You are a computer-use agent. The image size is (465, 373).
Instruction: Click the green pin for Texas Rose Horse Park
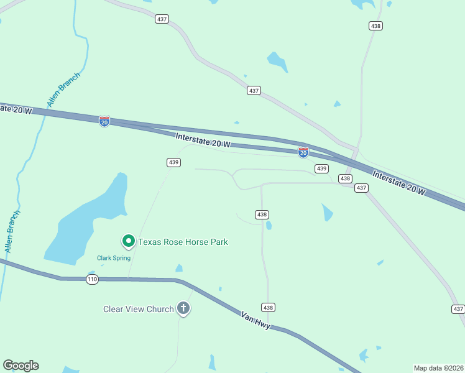128,241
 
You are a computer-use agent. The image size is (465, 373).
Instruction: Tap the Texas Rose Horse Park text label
183,242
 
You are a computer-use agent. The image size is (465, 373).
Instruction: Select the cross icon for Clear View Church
183,308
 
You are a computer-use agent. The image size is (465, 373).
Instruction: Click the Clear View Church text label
138,309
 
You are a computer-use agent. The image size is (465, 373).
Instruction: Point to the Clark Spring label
113,258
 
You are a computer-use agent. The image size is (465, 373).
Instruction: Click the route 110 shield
92,279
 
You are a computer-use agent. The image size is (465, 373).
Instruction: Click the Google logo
21,366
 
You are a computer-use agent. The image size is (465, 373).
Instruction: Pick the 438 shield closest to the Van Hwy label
268,308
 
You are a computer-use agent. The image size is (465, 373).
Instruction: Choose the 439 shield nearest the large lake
173,162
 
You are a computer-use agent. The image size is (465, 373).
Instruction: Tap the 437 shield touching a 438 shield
361,188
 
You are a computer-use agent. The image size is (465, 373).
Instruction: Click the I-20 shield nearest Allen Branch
104,121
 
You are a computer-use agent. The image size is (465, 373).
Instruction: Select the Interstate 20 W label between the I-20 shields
203,140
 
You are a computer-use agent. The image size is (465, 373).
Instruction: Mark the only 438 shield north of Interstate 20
375,25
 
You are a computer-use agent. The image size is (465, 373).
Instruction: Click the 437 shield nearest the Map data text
458,309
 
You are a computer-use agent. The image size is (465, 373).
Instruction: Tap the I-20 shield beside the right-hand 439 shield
303,152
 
